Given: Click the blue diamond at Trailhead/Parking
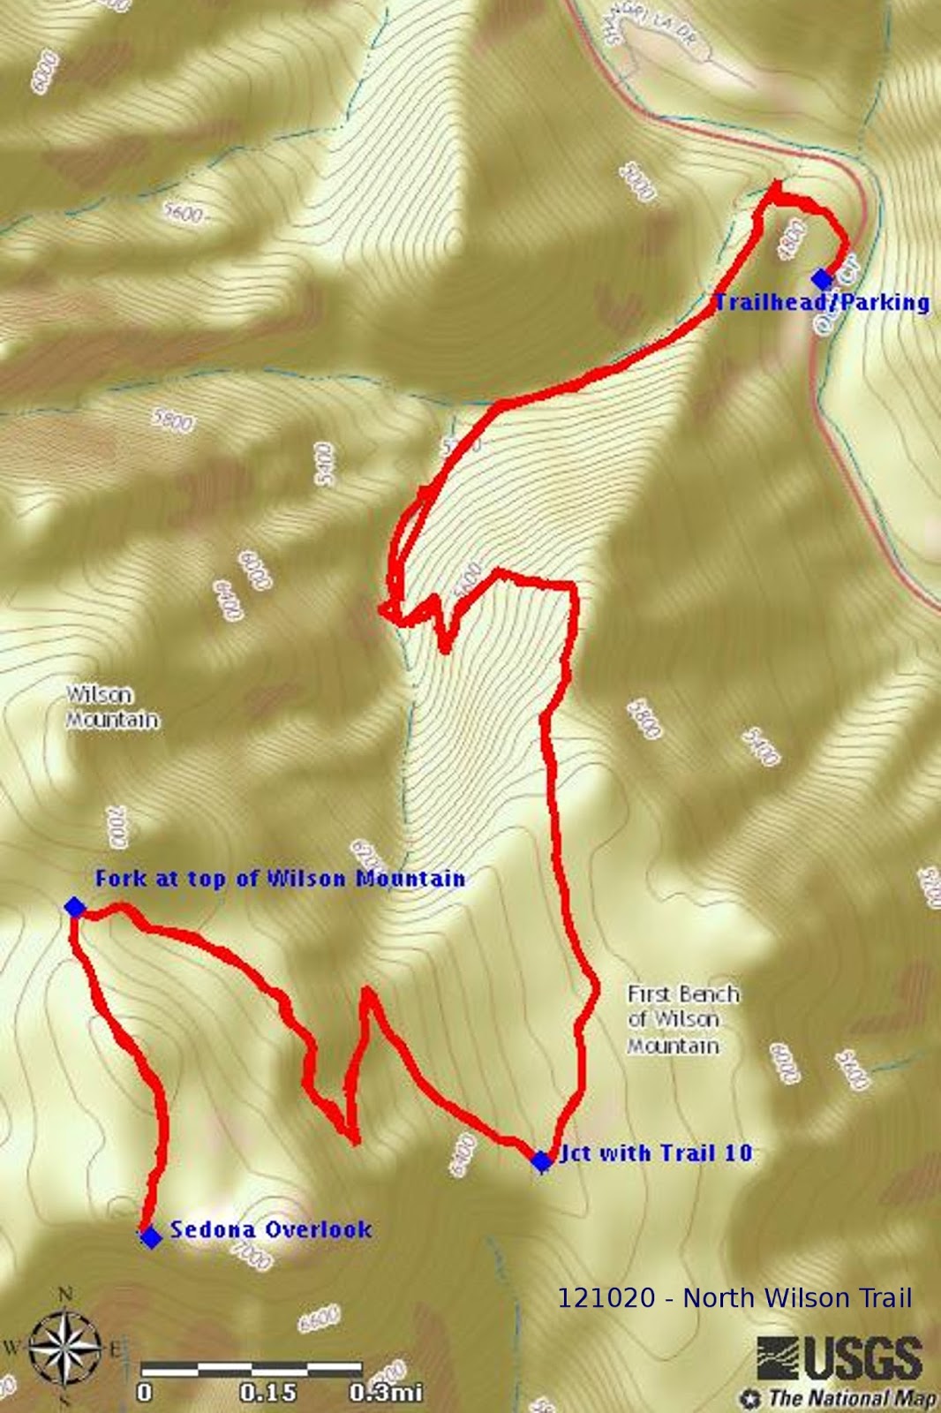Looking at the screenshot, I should (822, 279).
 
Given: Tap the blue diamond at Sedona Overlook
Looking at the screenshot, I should (151, 1237).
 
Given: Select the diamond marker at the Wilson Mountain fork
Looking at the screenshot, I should (74, 907).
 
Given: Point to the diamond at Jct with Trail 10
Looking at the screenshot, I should (541, 1161).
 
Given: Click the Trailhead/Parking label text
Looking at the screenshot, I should (822, 303).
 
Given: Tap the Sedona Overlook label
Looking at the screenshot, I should (270, 1229).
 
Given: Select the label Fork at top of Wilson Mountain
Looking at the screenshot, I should (280, 879).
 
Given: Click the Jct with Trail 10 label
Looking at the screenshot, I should (655, 1153).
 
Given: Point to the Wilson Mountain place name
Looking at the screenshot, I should (113, 708).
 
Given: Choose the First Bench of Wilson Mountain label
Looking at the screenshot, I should (682, 1020).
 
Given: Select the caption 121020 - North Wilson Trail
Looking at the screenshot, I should (734, 1297).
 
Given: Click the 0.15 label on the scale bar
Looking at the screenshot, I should (267, 1393).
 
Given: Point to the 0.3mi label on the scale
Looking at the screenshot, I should (386, 1393).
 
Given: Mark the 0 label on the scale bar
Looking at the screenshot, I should (145, 1393).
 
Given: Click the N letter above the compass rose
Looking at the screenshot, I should (65, 1295).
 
